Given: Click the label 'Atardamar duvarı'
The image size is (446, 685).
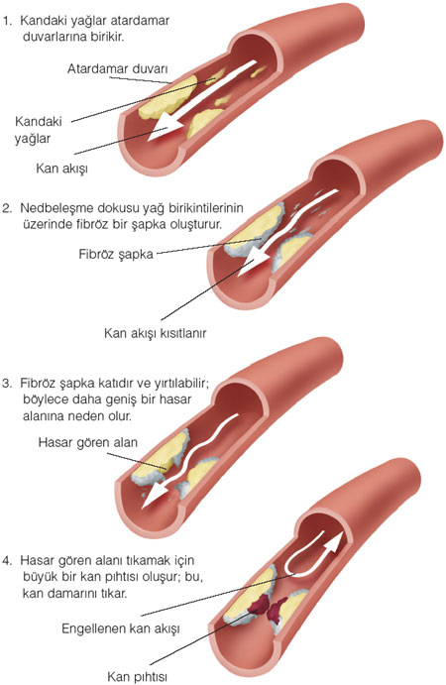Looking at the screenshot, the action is (x=118, y=68).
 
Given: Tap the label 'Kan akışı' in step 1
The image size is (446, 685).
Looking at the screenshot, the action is (x=62, y=169).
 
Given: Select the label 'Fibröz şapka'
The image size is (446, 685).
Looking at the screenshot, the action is (x=116, y=254).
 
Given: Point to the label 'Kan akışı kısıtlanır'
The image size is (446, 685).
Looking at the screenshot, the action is (x=155, y=333).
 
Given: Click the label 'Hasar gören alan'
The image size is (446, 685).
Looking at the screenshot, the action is (x=88, y=442).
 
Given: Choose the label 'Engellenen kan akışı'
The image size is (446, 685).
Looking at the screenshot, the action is (x=121, y=628).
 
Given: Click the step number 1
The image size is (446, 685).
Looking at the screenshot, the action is (x=7, y=21).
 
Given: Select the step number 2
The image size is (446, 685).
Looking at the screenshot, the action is (x=6, y=208).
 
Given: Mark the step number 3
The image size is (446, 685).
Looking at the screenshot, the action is (x=6, y=384).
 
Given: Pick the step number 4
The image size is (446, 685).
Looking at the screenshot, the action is (x=6, y=560).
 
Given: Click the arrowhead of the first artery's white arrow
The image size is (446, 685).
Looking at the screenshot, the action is (x=165, y=128).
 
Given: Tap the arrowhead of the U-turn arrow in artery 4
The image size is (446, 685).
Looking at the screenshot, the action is (x=335, y=543).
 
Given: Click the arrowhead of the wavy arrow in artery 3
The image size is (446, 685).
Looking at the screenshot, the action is (x=156, y=496).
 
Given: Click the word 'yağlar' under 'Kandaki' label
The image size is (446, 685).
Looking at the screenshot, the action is (x=33, y=139).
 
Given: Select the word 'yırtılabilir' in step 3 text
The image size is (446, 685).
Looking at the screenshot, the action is (x=180, y=384).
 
